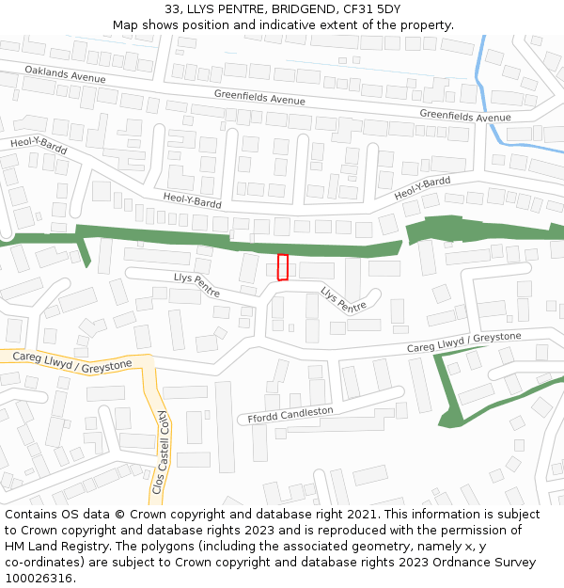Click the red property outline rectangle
[x=283, y=267]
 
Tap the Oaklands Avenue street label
[x=66, y=72]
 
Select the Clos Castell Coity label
[x=160, y=453]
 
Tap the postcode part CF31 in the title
[x=362, y=9]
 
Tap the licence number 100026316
[x=39, y=579]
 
